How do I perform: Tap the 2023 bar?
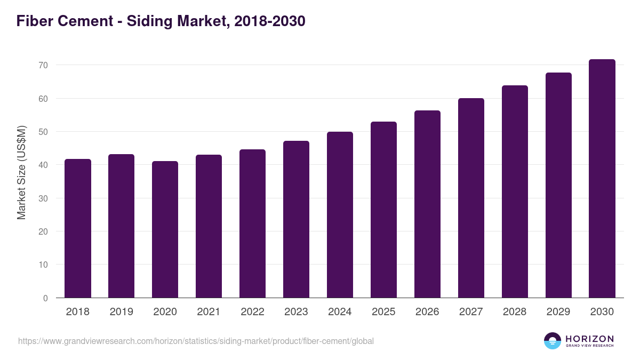coord(297,219)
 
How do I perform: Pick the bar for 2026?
coord(428,204)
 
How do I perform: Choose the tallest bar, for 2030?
coord(602,179)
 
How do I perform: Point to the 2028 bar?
coord(515,191)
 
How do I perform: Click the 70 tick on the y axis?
coord(43,65)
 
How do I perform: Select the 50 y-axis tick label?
coord(43,132)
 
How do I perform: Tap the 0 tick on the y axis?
coord(45,298)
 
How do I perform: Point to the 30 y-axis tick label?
coord(43,198)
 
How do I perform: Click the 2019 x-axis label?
coord(122,312)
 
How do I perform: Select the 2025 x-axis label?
coord(384,312)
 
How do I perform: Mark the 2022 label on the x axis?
coord(253,312)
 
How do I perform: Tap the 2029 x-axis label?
coord(558,312)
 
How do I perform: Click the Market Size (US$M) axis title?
coord(21,172)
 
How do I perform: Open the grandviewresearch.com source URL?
coord(196,341)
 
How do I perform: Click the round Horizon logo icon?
coord(553,341)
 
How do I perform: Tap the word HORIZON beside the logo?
coord(589,338)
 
